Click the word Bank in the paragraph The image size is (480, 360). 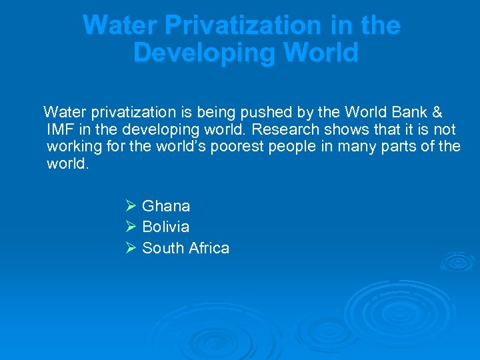407,112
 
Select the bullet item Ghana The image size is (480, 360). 166,206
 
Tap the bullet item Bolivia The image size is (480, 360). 165,227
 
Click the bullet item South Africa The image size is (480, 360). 185,248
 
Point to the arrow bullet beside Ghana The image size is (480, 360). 130,206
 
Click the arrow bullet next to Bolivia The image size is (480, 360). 130,227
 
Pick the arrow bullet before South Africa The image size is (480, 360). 130,248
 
